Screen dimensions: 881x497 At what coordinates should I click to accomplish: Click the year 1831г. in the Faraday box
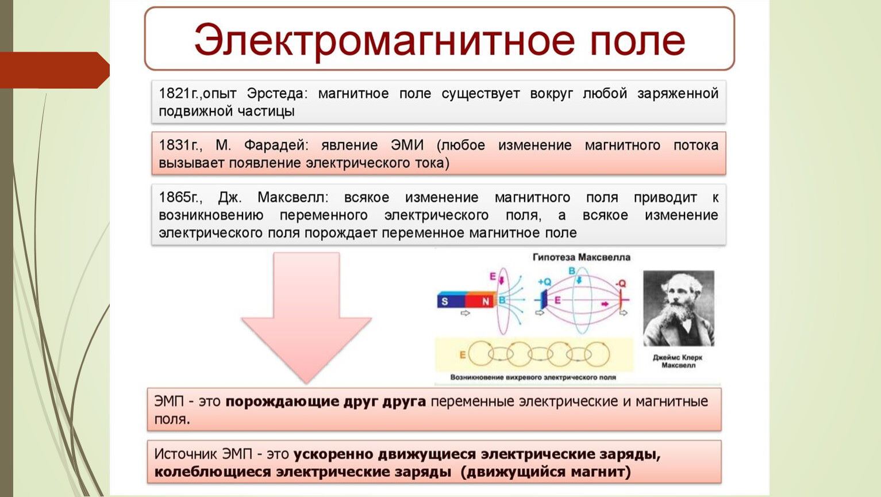(180, 146)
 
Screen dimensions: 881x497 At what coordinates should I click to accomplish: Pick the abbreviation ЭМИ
(407, 146)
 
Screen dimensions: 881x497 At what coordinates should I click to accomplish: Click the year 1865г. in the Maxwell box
(180, 197)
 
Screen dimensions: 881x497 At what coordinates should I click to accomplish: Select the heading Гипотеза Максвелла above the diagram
(582, 257)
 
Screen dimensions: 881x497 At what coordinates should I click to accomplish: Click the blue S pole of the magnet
(451, 301)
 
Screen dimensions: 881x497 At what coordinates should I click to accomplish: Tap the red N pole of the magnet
(480, 301)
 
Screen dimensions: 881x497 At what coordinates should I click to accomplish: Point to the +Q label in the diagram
(545, 282)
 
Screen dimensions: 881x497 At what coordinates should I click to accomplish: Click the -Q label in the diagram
(621, 284)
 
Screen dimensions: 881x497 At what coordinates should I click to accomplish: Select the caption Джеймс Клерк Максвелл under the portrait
(678, 361)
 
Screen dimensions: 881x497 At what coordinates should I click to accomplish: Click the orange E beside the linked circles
(463, 355)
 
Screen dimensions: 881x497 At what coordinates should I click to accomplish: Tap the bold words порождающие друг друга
(326, 402)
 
